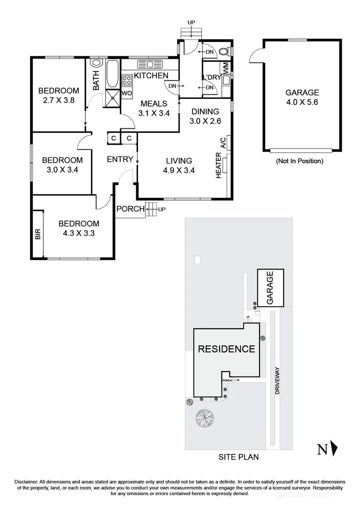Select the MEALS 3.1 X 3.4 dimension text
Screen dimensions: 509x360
click(x=154, y=113)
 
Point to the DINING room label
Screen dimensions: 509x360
click(x=205, y=112)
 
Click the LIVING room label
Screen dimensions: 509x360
click(x=175, y=161)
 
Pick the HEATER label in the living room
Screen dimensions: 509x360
click(x=219, y=165)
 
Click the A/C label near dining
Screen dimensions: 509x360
click(x=223, y=142)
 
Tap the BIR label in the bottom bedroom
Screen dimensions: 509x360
click(x=38, y=234)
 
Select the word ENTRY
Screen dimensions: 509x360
click(x=120, y=159)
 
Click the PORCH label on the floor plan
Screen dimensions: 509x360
click(x=130, y=209)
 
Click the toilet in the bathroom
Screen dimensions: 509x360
click(x=96, y=62)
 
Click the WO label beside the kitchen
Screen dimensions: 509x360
click(x=126, y=93)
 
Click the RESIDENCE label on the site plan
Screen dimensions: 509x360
click(x=226, y=349)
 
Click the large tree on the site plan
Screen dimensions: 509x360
click(x=205, y=418)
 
